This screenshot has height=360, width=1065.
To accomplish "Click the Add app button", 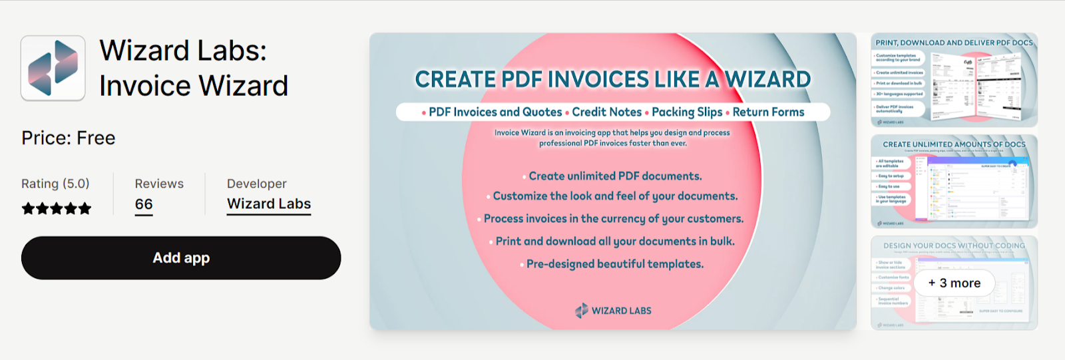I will (181, 258).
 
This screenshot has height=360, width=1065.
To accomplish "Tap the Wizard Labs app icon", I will (53, 68).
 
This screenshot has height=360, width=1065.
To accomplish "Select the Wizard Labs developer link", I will (269, 204).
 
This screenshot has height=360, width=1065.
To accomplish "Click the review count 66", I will (144, 204).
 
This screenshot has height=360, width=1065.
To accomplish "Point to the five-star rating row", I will (57, 209).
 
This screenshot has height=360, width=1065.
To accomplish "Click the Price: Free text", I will (69, 138).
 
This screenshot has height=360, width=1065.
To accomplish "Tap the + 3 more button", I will (955, 283).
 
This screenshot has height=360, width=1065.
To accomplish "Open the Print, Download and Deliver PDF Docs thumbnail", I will (954, 81).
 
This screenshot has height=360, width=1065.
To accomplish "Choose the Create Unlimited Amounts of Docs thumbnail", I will (954, 182).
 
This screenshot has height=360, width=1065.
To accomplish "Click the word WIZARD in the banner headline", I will (767, 80).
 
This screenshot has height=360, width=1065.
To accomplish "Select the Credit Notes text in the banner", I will (606, 112).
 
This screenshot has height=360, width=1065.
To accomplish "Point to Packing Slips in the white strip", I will (687, 112).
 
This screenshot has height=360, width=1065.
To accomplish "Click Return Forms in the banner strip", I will (768, 112).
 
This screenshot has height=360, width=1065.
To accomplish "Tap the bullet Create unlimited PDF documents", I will (615, 176).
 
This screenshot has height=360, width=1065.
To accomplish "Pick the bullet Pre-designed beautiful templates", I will (614, 264).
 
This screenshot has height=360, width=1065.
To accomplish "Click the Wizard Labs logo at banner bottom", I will (613, 311).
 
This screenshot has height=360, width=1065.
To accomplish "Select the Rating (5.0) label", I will (55, 184).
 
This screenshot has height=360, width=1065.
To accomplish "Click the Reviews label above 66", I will (159, 184).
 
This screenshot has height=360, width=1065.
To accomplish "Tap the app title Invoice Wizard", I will (194, 86).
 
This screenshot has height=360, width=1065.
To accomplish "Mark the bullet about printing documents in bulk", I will (615, 242).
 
